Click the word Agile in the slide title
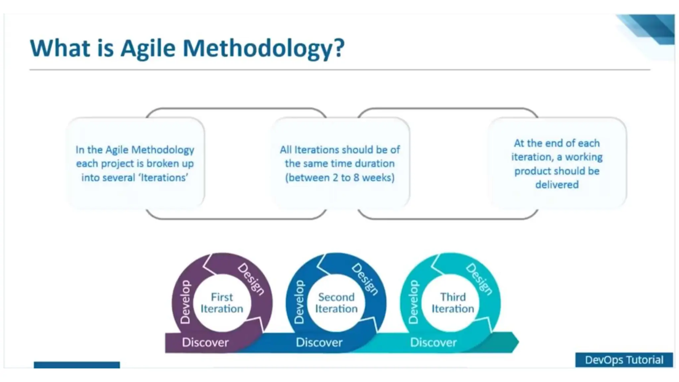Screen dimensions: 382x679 [148, 49]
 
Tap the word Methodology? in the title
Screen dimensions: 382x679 [264, 49]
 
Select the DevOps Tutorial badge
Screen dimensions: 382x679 [624, 360]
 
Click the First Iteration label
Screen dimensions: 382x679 [222, 303]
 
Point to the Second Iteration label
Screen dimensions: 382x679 [336, 303]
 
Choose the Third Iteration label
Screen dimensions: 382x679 [453, 303]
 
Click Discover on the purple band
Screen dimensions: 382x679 [205, 342]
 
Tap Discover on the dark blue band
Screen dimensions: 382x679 [319, 342]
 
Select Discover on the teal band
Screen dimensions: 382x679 [433, 342]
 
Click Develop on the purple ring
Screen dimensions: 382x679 [185, 302]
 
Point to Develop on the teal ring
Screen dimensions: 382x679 [413, 302]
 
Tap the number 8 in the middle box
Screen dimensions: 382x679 [356, 178]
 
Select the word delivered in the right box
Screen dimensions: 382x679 [557, 185]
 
